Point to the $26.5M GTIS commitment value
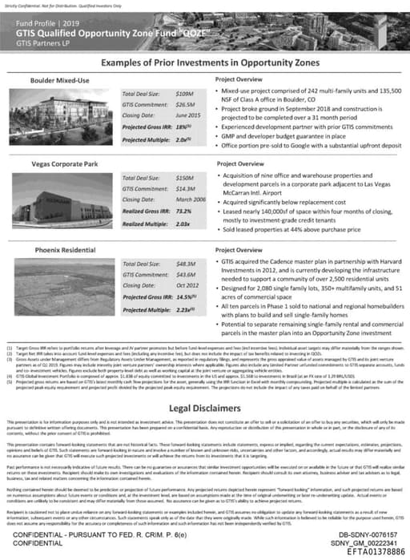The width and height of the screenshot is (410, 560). point(186,104)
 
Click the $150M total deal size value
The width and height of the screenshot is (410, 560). point(185,175)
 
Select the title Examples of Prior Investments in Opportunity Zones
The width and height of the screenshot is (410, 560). point(205,63)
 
